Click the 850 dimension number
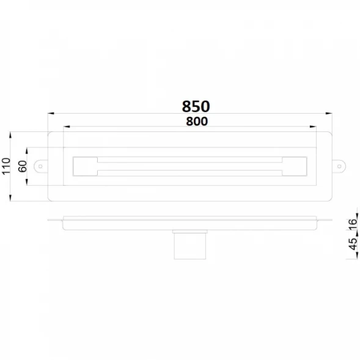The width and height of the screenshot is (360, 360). tap(196, 106)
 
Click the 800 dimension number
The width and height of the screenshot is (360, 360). tap(197, 122)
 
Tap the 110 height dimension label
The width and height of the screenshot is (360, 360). tap(6, 166)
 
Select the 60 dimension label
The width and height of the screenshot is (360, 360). tap(23, 166)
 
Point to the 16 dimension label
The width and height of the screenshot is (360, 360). tap(353, 224)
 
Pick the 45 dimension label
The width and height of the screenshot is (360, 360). tap(353, 244)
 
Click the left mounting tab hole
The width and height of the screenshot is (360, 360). tap(40, 166)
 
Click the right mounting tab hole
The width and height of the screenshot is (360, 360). tap(339, 166)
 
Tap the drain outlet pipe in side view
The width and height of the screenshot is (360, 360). tap(190, 246)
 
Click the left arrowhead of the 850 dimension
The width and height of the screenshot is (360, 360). tap(51, 113)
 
